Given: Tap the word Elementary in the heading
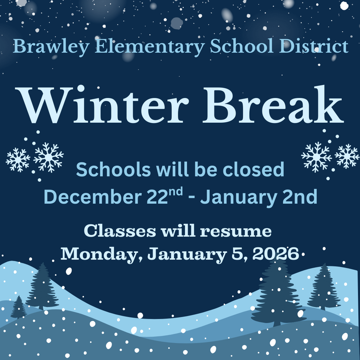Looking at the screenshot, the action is coord(150,47).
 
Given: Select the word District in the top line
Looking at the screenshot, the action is coord(314,46).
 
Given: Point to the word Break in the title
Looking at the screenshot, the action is coord(273,104).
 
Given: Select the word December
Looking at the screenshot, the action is coord(92,197).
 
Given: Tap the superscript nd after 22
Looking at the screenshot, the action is coord(176,192).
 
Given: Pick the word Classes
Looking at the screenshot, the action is coord(120,231).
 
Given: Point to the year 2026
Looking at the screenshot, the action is coord(276,254).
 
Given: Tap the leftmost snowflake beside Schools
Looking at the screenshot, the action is coord(18,160).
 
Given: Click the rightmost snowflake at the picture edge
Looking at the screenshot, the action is coord(347,156).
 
